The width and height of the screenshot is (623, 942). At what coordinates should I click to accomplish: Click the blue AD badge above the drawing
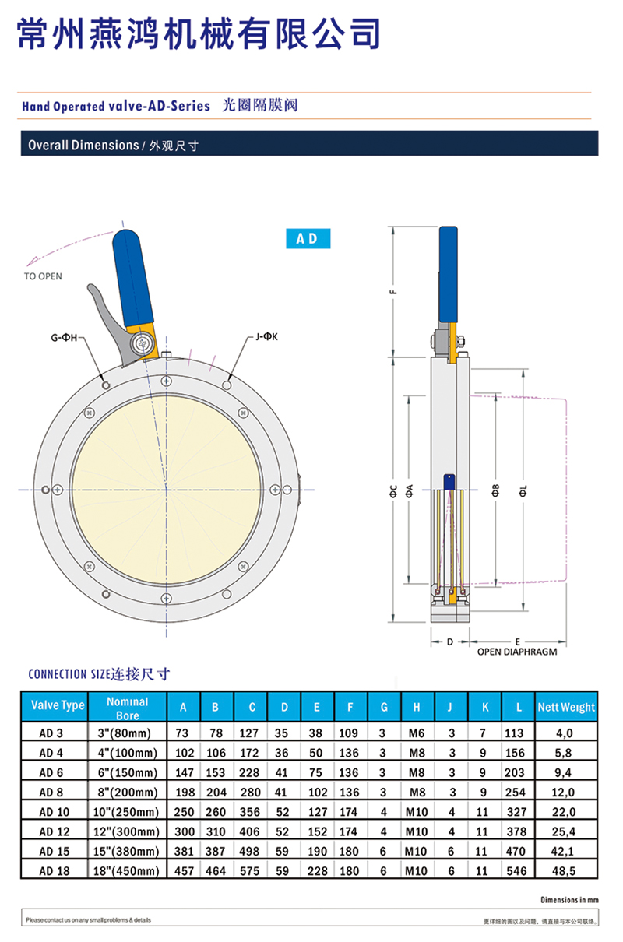pos(308,238)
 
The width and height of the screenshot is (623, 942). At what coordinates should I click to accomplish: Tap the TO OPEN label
pos(43,276)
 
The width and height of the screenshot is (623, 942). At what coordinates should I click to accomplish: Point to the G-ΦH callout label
pos(64,337)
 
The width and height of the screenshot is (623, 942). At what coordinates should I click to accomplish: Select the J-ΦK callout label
pos(266,336)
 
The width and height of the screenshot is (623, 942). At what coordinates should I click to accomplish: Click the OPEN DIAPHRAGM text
pos(517,652)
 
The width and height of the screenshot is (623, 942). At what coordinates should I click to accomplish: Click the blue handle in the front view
pos(132,278)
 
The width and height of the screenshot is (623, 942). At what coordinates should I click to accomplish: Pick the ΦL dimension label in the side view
pos(523,490)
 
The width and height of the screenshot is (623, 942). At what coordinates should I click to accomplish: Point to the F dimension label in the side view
pos(394,291)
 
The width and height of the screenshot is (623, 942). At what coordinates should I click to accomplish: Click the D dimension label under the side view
pos(449,641)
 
